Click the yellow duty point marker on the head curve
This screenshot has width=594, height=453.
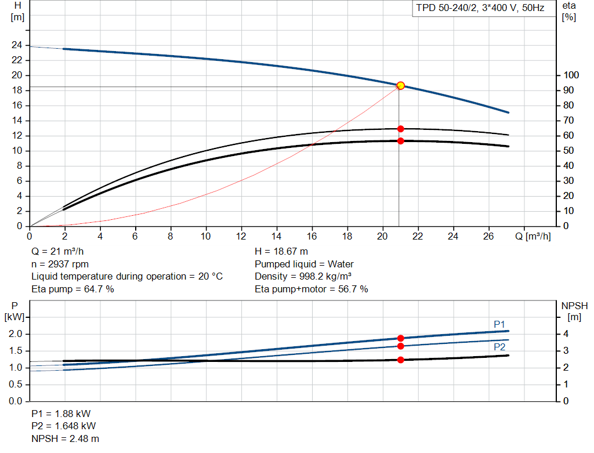click(400, 86)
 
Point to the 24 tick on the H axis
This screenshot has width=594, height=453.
click(17, 45)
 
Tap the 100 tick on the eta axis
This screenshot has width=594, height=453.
click(571, 75)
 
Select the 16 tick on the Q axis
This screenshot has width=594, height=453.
click(312, 236)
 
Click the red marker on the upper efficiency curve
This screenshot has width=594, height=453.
click(400, 129)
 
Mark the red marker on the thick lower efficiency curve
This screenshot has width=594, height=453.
click(400, 141)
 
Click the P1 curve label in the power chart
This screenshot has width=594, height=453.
click(499, 324)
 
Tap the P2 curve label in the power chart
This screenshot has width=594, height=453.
click(499, 347)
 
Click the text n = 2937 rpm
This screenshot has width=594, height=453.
click(60, 264)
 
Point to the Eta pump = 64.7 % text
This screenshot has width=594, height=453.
click(73, 289)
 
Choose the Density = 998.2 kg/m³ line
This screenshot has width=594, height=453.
click(303, 276)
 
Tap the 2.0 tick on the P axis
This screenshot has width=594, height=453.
click(15, 334)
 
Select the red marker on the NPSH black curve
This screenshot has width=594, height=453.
click(400, 360)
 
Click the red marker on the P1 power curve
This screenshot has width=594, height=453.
click(400, 338)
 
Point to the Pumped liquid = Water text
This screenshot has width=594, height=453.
click(304, 264)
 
